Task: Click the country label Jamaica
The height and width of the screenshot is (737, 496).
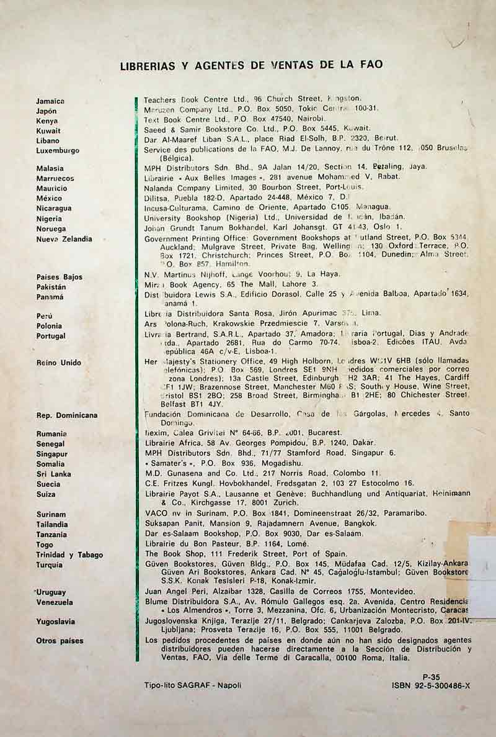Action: pos(50,101)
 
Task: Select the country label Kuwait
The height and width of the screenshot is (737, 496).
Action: pos(48,131)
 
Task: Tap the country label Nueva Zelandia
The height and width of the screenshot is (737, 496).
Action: pos(64,239)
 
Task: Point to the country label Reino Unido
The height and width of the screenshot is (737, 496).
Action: pos(59,363)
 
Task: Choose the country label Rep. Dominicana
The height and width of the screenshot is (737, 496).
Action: pos(66,415)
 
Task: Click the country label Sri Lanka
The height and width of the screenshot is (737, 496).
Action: pos(53,474)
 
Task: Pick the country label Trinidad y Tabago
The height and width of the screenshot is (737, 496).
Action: pos(69,555)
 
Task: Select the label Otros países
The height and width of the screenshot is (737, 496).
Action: pos(60,641)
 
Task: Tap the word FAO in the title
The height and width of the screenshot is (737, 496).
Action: pos(370,64)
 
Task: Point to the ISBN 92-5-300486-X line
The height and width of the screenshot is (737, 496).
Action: pos(431,686)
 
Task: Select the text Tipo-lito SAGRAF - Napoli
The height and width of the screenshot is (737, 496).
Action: pos(192,685)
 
